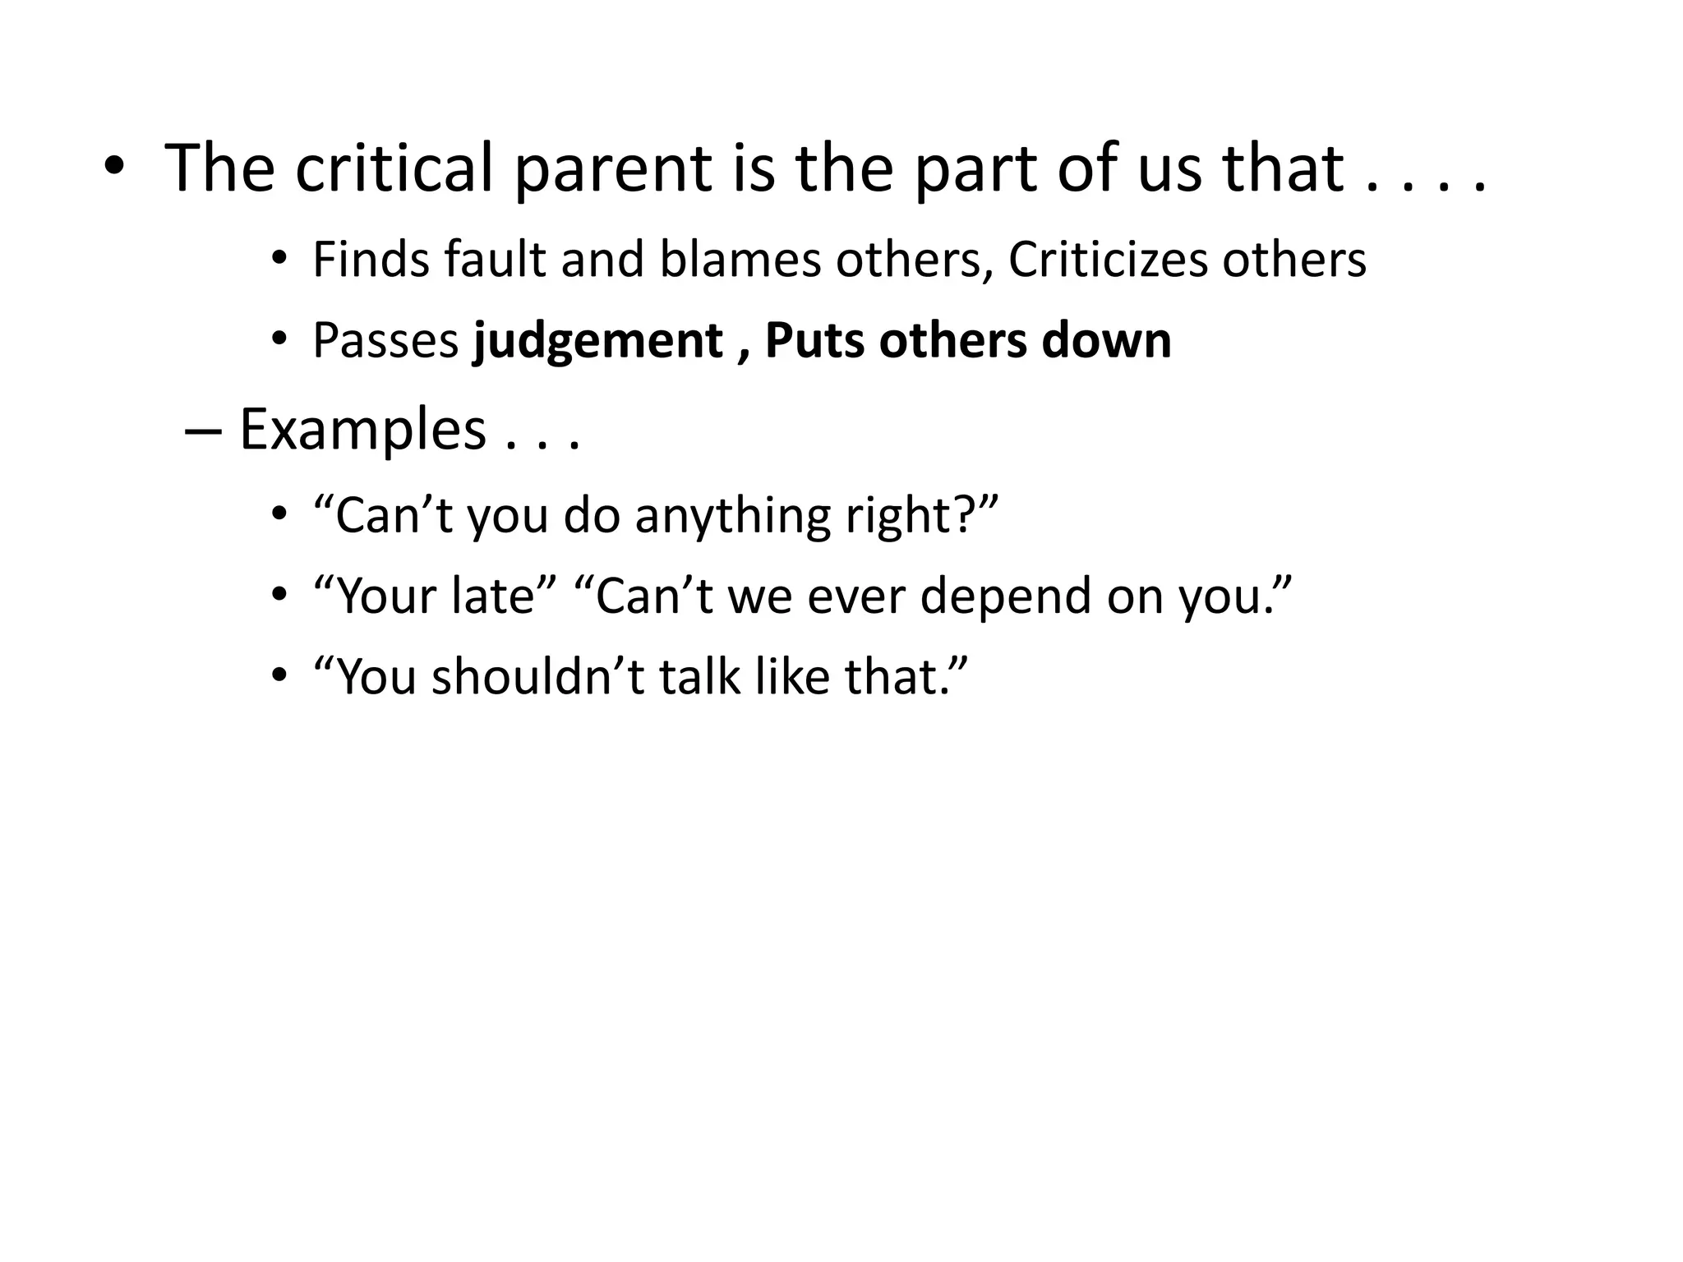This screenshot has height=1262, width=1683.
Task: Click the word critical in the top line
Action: (x=394, y=168)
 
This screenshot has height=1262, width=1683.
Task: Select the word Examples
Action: (x=362, y=431)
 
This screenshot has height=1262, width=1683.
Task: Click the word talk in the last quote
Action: (x=699, y=678)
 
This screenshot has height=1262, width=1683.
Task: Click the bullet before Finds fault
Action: (x=279, y=259)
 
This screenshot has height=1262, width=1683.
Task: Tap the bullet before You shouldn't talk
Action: (x=279, y=676)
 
